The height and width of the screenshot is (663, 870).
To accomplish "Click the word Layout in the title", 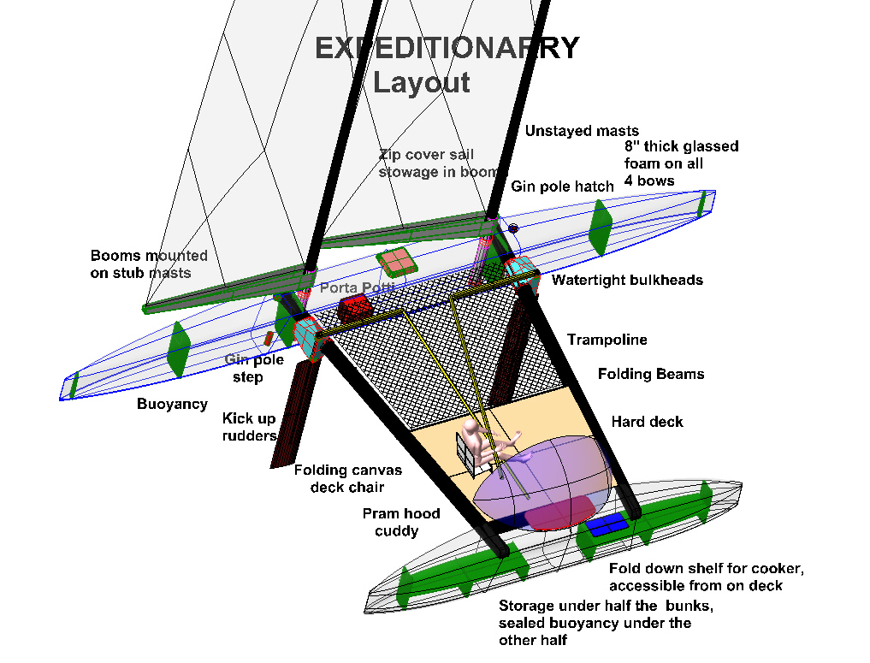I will tap(421, 83).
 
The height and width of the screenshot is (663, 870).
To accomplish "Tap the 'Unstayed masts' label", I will tap(582, 131).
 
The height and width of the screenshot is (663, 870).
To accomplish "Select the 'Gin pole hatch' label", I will tap(562, 186).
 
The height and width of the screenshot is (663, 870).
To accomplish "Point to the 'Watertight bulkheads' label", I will tap(627, 280).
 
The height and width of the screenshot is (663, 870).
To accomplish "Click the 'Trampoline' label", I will tap(607, 340).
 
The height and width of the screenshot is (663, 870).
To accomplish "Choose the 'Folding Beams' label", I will tap(651, 374).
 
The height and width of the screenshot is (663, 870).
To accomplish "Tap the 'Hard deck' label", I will tap(648, 422).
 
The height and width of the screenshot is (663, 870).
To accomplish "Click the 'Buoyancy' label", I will tap(172, 404).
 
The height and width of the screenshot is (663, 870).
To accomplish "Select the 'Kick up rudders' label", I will tap(249, 427).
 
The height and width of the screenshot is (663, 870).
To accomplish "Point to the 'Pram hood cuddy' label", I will tap(401, 522).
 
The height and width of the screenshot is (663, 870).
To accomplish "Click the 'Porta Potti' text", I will tap(358, 288).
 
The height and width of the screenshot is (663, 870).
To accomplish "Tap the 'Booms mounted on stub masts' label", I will tap(149, 264).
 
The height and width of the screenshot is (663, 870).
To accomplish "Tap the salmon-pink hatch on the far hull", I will tap(396, 262).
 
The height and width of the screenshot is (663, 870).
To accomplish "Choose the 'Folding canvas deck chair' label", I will tap(347, 478).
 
